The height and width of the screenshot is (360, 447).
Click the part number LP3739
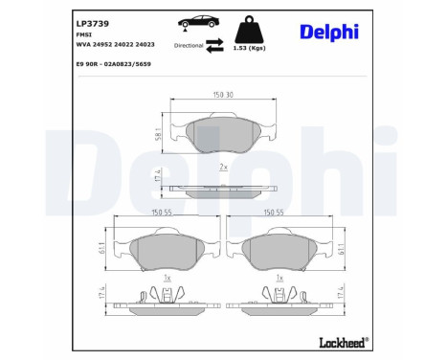[x=90, y=20]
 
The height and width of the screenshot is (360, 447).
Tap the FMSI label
[x=83, y=34]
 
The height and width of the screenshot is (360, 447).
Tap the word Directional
[x=189, y=45]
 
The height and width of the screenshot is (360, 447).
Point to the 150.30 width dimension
[x=224, y=95]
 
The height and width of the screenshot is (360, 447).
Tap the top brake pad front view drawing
[x=224, y=134]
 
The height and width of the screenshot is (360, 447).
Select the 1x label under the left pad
[x=168, y=278]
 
